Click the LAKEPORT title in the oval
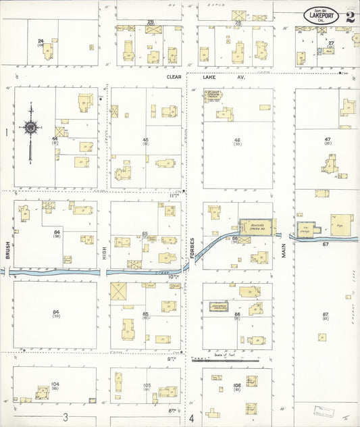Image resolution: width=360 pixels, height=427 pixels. pos(321,16)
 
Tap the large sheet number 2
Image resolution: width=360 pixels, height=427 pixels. pos(350,17)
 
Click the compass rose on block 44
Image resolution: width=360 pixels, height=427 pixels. pos(30,126)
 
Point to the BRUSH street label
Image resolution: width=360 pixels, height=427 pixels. pos(8,250)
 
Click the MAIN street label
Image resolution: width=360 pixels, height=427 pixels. pos(284,250)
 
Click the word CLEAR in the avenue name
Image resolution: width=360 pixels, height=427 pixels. pos(176,78)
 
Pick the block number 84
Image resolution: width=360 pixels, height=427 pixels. pos(55,311)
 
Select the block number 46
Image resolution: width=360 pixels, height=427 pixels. pos(237,140)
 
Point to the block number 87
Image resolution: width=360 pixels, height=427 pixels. pos(325,314)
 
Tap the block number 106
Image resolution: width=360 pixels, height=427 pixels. pos(236,385)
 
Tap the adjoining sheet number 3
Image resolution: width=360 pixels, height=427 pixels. pos(66,417)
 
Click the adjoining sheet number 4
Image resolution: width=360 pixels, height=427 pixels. pos(192,418)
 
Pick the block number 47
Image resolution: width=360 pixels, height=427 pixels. pos(327,139)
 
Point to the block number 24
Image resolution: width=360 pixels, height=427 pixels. pos(41,41)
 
